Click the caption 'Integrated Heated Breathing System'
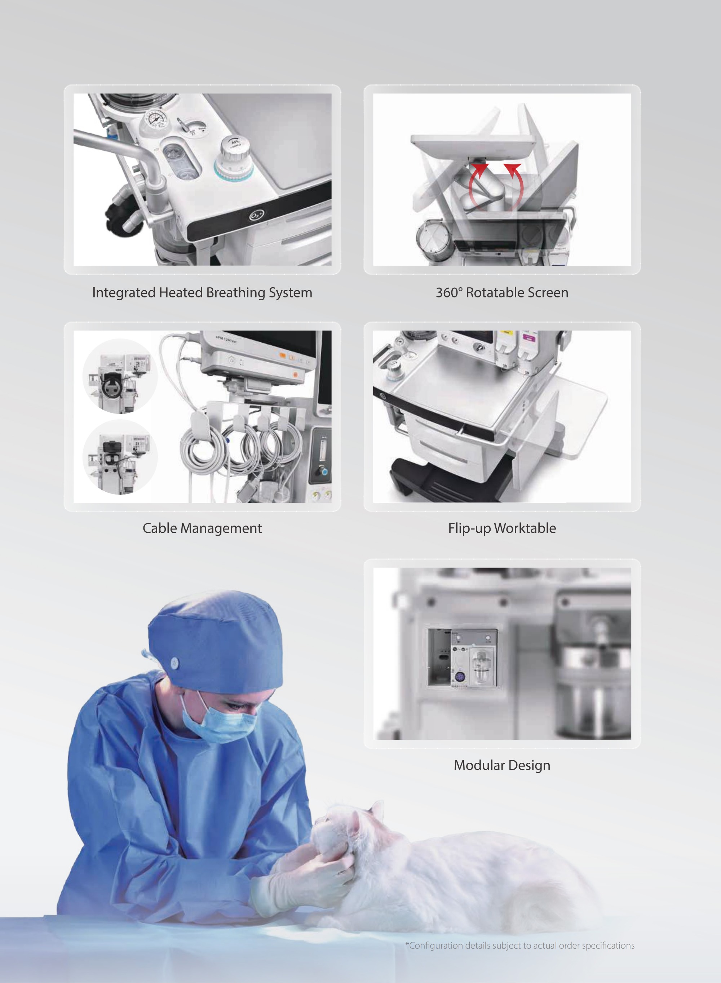[x=202, y=293]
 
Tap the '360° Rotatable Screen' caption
[x=502, y=293]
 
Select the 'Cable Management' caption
[x=202, y=528]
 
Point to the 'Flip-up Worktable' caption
[x=502, y=528]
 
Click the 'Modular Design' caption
[x=502, y=765]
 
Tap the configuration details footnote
[x=520, y=946]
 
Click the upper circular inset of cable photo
[x=120, y=376]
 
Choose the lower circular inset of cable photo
[x=120, y=457]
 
